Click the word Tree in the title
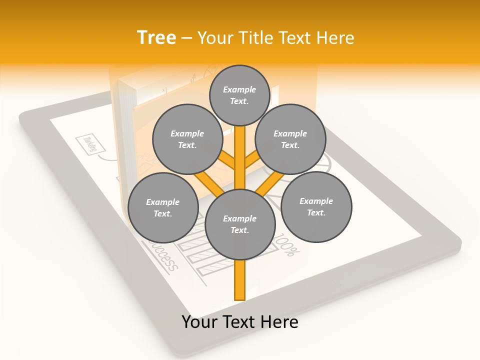pyautogui.click(x=156, y=37)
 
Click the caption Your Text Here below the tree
pyautogui.click(x=240, y=322)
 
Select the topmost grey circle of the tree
pyautogui.click(x=239, y=95)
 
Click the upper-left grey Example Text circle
pyautogui.click(x=187, y=139)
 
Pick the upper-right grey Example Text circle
pyautogui.click(x=290, y=139)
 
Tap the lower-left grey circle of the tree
pyautogui.click(x=162, y=207)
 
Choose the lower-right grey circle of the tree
pyautogui.click(x=316, y=206)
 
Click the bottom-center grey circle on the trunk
pyautogui.click(x=240, y=224)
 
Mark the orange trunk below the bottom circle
pyautogui.click(x=240, y=280)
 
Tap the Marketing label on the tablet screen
pyautogui.click(x=91, y=143)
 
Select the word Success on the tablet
pyautogui.click(x=162, y=256)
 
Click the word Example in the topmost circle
pyautogui.click(x=239, y=89)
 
